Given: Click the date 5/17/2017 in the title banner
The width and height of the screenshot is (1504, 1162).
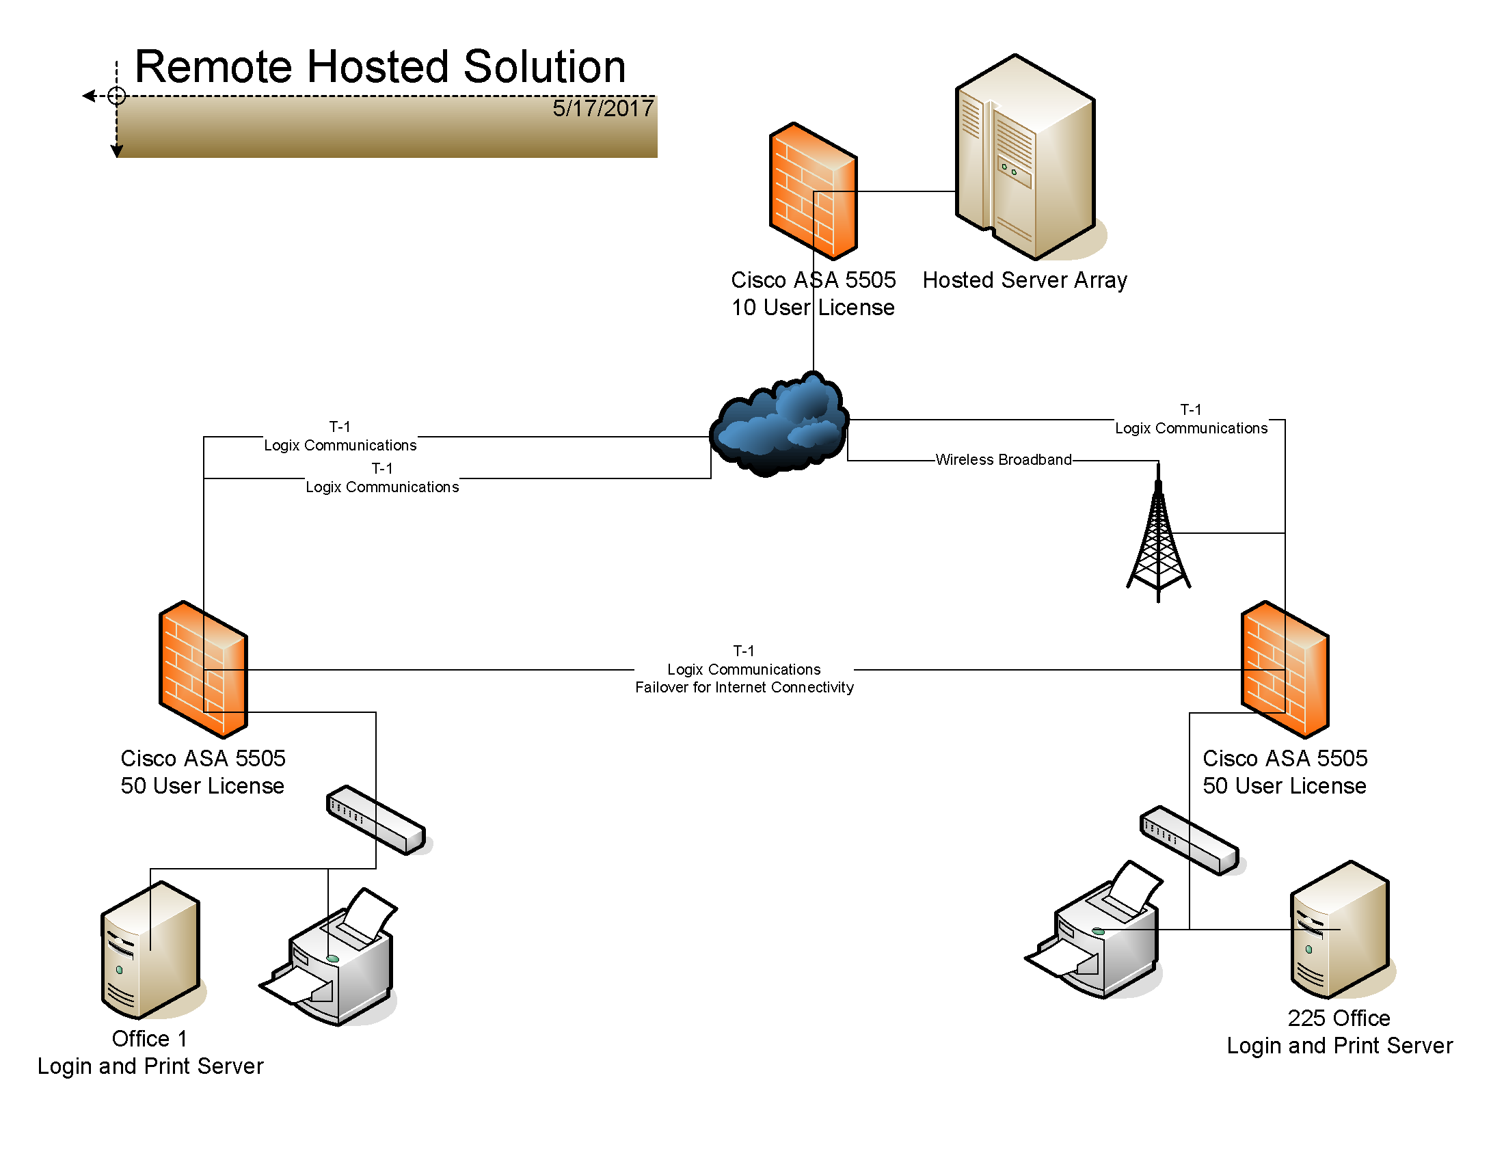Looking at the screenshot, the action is [x=602, y=108].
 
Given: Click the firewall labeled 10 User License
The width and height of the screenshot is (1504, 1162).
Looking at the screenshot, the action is [x=814, y=191].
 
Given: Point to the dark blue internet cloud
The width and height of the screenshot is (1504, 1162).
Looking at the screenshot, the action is [x=779, y=424].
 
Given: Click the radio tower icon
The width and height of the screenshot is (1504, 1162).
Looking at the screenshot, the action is [x=1158, y=533].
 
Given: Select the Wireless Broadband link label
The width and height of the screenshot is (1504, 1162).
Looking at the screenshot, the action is [x=1004, y=459].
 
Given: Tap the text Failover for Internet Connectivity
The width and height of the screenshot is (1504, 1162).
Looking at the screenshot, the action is [x=744, y=687].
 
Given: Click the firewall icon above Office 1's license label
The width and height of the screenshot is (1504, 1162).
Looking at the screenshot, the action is [x=203, y=669].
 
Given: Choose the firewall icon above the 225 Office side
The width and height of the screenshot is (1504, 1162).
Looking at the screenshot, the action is [x=1285, y=669].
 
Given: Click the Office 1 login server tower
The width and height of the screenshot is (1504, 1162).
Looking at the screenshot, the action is [x=152, y=950].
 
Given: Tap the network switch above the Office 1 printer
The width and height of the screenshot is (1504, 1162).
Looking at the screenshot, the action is [x=377, y=820].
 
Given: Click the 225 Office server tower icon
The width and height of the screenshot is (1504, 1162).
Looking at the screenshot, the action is [x=1341, y=930].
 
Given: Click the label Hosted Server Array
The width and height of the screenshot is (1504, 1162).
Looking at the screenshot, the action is [x=1025, y=280].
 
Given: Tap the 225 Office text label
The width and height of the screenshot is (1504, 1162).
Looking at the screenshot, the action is [x=1339, y=1018].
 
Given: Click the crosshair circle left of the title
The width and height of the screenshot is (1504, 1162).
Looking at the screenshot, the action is [x=116, y=95].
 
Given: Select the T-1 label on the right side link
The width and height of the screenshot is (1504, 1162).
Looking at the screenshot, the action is [x=1191, y=409].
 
